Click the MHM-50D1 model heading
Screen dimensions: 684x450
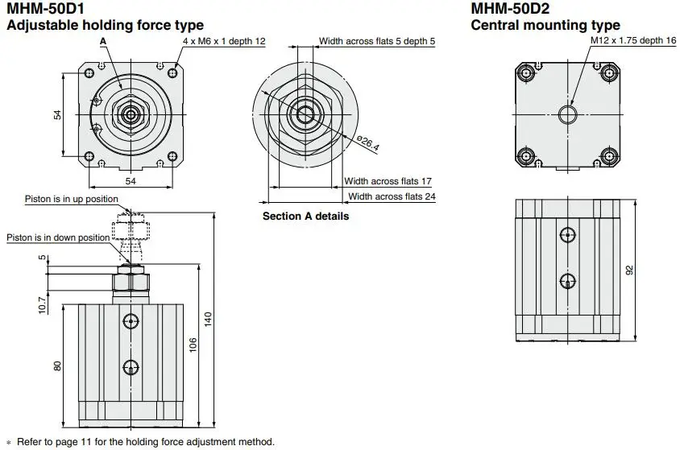[x=46, y=8]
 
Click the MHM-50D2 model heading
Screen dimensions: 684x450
[x=511, y=8]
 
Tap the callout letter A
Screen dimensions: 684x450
[x=103, y=41]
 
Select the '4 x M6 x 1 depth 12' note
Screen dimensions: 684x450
[x=224, y=41]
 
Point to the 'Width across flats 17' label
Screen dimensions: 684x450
[x=388, y=181]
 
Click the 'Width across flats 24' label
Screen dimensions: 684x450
[x=392, y=196]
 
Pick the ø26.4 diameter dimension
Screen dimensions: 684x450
[x=368, y=143]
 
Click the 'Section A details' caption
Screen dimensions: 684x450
[x=306, y=217]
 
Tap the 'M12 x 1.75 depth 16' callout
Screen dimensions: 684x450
[x=633, y=40]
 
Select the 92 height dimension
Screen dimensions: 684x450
[x=629, y=270]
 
